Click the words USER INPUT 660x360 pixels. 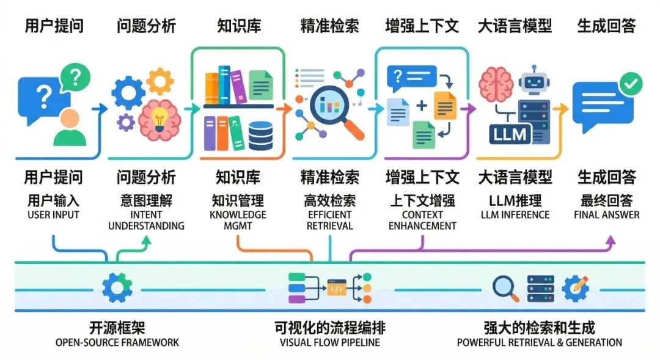(53, 215)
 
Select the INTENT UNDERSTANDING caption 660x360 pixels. (146, 220)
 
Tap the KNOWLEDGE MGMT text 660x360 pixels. (238, 220)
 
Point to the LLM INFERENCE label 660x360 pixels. (515, 215)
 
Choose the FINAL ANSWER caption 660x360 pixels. (606, 215)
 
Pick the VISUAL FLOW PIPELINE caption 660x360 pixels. (329, 342)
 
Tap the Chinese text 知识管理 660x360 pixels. (238, 200)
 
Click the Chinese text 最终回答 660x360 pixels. (606, 200)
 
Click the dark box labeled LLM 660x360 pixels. (510, 134)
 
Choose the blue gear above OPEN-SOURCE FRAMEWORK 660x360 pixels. (117, 288)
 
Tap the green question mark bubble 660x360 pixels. (75, 77)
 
